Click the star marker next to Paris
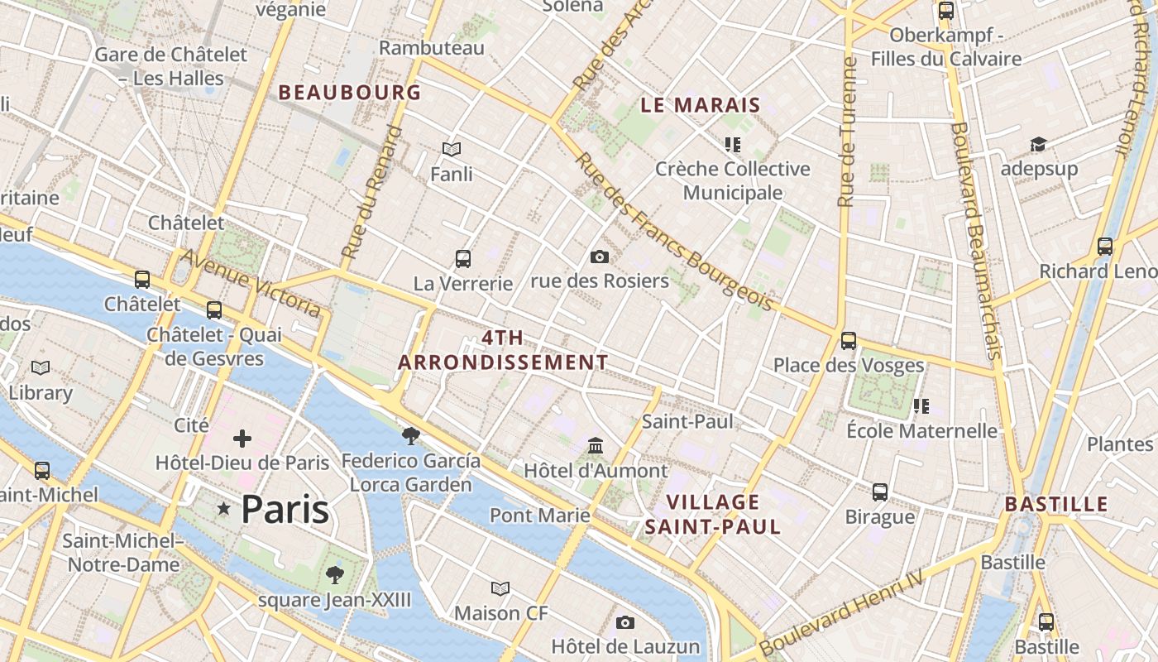[x=223, y=509]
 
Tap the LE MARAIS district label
[x=701, y=105]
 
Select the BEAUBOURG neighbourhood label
[x=350, y=92]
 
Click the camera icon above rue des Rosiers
[x=600, y=257]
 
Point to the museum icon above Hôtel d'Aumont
[x=596, y=446]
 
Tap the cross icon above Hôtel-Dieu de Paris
[x=242, y=439]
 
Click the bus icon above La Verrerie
[x=463, y=259]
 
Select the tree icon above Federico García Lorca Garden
[x=410, y=435]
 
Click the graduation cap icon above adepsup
[x=1038, y=145]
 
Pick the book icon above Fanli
[x=452, y=149]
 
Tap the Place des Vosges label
[x=848, y=365]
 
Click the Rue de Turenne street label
[x=845, y=132]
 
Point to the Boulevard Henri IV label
[x=840, y=612]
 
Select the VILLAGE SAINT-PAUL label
[x=712, y=514]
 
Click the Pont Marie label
[x=539, y=516]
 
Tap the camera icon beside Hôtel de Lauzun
[x=625, y=622]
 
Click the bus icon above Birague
[x=880, y=492]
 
